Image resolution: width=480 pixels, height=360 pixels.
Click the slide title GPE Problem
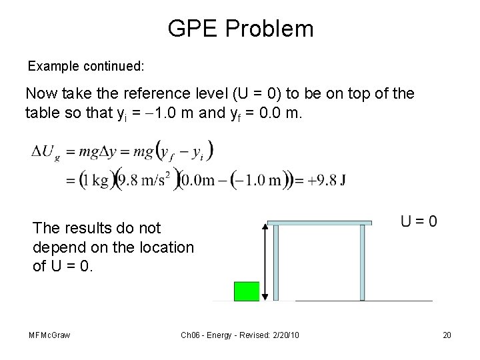pos(240,29)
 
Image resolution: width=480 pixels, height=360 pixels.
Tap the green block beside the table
pos(246,291)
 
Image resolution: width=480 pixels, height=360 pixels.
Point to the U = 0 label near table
pos(419,221)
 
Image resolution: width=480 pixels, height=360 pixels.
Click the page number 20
pos(446,334)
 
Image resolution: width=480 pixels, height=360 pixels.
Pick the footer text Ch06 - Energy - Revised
pos(222,334)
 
